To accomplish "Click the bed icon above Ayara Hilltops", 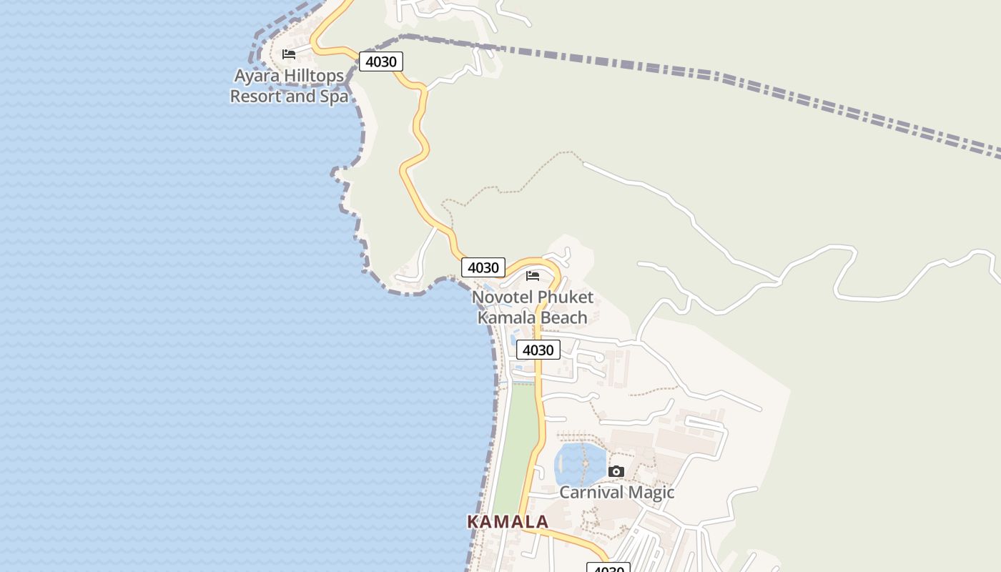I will click(289, 54).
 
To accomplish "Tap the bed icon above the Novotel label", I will click(533, 276).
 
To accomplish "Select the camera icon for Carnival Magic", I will click(616, 471).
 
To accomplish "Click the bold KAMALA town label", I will click(508, 522).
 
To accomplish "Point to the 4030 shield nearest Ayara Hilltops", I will click(380, 61).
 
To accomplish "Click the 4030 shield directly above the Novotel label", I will click(483, 267).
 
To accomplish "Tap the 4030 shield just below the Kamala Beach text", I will click(538, 350).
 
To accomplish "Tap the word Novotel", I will click(503, 297).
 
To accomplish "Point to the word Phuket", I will click(566, 297).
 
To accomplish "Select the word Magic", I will click(651, 492).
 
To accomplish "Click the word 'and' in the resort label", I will click(300, 96).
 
